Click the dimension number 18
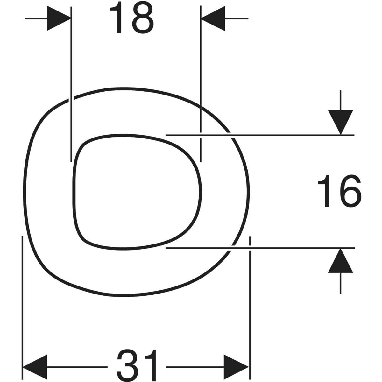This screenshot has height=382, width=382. click(132, 18)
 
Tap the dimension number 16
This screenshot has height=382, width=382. click(339, 191)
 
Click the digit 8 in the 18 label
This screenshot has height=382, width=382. click(143, 18)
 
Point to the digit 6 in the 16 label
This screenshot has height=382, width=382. click(350, 191)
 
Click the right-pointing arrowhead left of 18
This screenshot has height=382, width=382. click(59, 18)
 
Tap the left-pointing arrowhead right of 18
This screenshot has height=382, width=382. click(213, 18)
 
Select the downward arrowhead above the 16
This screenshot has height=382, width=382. click(340, 122)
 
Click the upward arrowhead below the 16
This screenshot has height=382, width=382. click(340, 261)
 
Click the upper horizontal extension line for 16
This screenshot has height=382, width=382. click(260, 135)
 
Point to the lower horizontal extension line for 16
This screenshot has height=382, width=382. click(260, 248)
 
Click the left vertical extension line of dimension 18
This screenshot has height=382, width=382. click(71, 84)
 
